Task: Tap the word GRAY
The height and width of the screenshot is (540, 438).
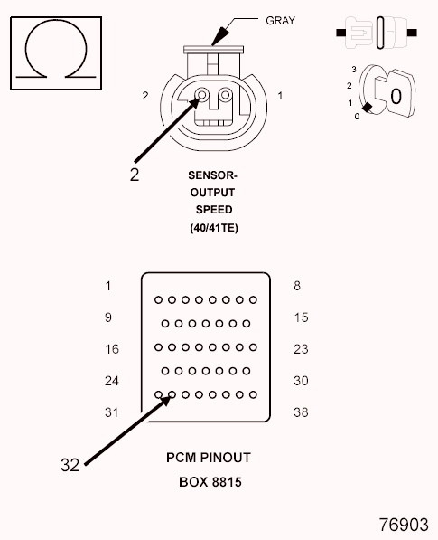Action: click(280, 21)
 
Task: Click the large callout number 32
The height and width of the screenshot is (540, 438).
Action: click(70, 465)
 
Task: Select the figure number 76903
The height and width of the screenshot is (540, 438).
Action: click(404, 525)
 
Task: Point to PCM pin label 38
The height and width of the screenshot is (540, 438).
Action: click(301, 412)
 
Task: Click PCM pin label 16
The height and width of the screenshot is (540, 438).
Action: click(112, 349)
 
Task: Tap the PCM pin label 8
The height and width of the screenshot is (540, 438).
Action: click(297, 286)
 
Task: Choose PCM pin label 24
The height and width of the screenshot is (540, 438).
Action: click(112, 381)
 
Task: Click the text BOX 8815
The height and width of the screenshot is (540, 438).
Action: click(210, 482)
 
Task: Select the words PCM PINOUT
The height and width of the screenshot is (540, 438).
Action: click(209, 458)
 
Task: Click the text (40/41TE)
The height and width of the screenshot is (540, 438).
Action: click(214, 228)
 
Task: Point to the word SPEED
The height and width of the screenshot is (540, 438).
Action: click(214, 210)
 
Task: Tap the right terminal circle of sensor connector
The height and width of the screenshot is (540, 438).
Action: click(226, 94)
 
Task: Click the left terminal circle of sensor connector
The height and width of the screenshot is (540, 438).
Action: click(201, 94)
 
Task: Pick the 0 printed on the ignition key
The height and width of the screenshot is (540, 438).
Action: click(396, 96)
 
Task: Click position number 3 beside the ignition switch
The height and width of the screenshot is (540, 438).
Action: click(354, 70)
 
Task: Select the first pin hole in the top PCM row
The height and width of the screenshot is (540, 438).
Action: click(158, 300)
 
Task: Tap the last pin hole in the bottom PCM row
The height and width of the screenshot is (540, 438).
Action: click(253, 394)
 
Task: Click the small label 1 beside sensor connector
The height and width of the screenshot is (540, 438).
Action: click(280, 96)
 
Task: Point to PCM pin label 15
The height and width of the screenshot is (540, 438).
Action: click(301, 317)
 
